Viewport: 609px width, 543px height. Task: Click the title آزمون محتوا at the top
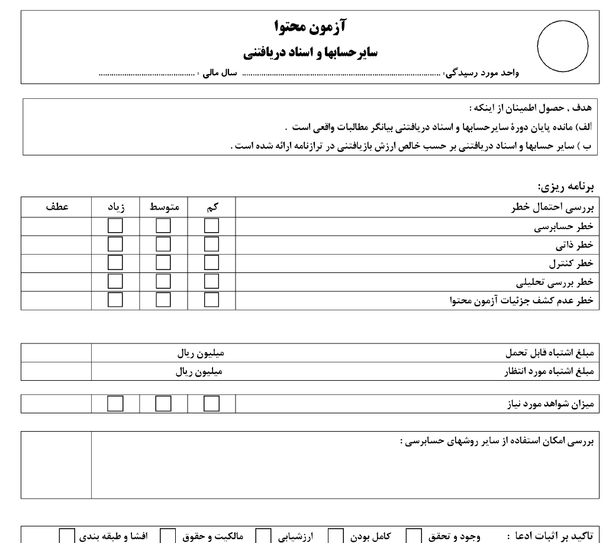click(311, 27)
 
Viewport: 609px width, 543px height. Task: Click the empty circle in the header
click(562, 46)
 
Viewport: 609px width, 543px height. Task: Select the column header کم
click(212, 207)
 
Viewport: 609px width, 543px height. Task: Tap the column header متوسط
click(164, 207)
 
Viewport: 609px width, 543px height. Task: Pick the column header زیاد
click(115, 207)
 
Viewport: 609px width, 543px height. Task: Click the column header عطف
click(56, 207)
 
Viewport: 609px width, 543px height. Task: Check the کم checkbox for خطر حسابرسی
click(211, 226)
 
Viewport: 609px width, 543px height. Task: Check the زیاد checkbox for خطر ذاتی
click(115, 245)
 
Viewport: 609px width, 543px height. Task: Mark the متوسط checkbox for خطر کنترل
click(163, 263)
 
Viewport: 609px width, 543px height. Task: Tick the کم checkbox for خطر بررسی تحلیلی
click(211, 281)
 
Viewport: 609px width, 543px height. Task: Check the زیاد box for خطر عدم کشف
click(115, 300)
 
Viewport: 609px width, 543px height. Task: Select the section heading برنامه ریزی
click(565, 187)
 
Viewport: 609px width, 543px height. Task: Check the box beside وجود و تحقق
click(414, 536)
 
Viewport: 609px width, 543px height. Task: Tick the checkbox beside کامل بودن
click(336, 536)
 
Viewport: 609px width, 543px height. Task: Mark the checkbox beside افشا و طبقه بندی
click(67, 536)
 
